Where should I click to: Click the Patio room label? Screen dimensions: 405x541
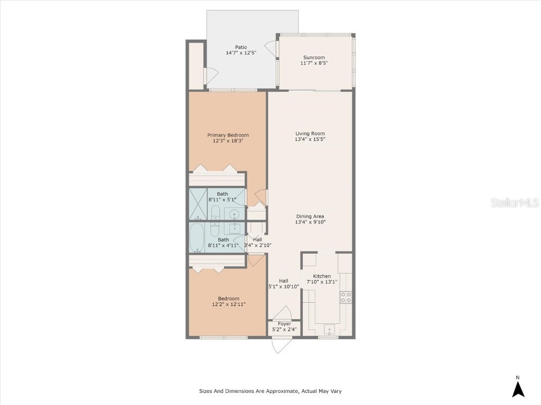241,47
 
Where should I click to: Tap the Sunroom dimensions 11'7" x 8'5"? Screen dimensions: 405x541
314,63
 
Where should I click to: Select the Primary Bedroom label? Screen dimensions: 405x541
228,135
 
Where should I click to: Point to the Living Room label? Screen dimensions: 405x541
310,133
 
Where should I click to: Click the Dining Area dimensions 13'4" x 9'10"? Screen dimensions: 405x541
310,222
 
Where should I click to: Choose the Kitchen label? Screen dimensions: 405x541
322,276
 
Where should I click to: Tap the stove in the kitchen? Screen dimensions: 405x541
346,297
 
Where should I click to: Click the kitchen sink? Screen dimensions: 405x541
329,331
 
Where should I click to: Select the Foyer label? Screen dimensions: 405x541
284,324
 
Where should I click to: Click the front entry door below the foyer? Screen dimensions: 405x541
280,344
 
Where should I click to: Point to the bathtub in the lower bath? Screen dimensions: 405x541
198,238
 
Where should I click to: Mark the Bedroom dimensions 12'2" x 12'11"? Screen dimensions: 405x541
229,304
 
